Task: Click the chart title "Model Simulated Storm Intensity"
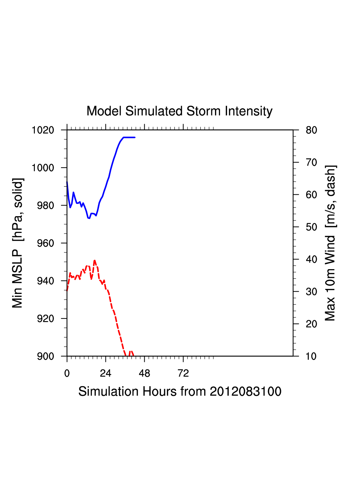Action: click(x=179, y=111)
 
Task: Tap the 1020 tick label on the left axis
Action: click(x=43, y=130)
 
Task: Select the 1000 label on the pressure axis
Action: click(x=43, y=168)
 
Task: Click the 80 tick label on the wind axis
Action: click(x=311, y=130)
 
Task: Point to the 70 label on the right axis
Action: click(x=311, y=163)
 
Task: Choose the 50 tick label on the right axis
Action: click(x=311, y=227)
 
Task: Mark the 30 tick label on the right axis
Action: click(x=311, y=292)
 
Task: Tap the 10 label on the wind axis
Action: click(x=311, y=356)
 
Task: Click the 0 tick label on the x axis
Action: click(x=67, y=373)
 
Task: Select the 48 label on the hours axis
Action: click(x=144, y=373)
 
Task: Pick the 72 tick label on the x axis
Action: click(x=183, y=373)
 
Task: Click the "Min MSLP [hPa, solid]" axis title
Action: click(x=17, y=243)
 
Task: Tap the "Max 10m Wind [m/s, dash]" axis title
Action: click(x=330, y=243)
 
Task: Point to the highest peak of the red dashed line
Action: click(x=95, y=260)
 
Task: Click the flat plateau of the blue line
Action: click(x=129, y=137)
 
